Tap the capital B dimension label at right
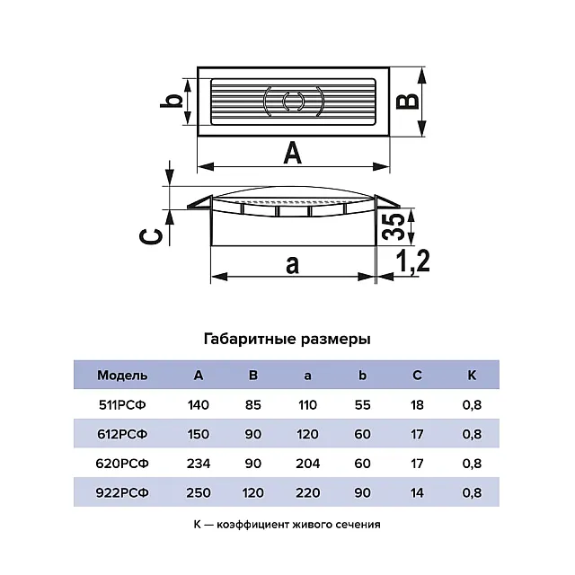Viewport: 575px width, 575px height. click(x=408, y=100)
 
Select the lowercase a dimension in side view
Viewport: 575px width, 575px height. click(x=292, y=264)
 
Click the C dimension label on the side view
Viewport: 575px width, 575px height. click(x=154, y=236)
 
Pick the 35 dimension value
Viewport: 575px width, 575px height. click(x=392, y=226)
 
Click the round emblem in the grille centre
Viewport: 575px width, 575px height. click(x=290, y=100)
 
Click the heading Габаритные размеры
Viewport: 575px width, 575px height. click(x=287, y=340)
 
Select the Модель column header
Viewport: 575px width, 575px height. click(x=122, y=376)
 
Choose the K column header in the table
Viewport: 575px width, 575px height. click(x=471, y=376)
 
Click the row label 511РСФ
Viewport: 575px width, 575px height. click(x=122, y=405)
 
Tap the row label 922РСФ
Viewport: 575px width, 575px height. click(x=122, y=492)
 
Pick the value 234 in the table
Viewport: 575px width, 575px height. click(x=199, y=464)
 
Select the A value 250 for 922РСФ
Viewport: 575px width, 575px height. click(x=199, y=492)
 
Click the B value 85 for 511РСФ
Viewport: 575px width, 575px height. click(x=253, y=405)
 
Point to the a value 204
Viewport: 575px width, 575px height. click(x=307, y=464)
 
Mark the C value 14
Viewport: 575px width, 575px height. click(x=417, y=492)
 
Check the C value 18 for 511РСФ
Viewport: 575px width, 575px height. click(x=417, y=405)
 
